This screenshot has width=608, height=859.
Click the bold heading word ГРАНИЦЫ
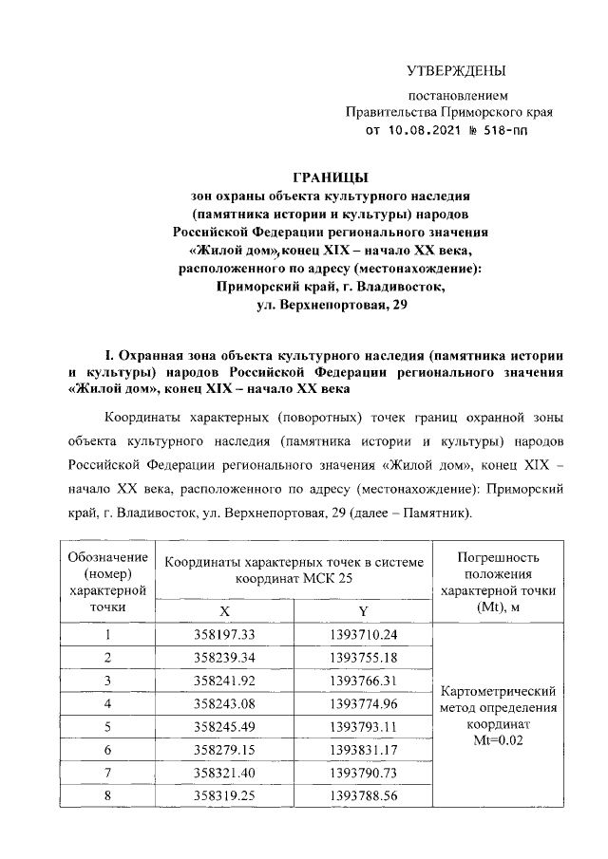[x=331, y=177]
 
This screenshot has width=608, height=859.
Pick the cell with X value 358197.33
[x=224, y=635]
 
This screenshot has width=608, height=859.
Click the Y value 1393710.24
[x=363, y=635]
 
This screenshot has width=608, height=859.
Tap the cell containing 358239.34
[x=224, y=658]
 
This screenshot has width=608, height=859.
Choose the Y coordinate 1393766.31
[x=363, y=681]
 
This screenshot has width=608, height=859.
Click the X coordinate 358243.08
[x=224, y=703]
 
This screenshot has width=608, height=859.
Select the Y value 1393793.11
[x=363, y=726]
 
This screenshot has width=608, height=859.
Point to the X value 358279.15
[x=224, y=749]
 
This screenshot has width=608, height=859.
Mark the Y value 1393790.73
[x=363, y=772]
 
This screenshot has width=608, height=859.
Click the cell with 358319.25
[x=224, y=794]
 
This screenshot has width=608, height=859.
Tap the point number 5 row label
[x=108, y=726]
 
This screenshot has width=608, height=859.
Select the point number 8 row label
[x=108, y=794]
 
